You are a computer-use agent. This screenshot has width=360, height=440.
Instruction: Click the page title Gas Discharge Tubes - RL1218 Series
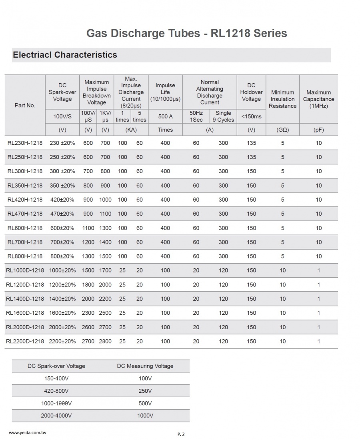186,33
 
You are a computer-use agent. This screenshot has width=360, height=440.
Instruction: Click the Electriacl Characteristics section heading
65,55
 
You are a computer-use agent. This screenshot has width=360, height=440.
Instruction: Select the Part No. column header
25,105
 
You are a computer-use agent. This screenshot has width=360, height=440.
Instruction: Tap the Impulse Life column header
165,92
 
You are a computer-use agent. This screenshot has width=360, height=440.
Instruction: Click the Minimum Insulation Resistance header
282,99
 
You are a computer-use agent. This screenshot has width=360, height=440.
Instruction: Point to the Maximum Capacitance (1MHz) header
318,99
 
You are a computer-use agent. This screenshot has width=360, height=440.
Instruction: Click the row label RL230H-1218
25,143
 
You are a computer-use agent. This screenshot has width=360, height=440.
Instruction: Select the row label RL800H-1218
25,256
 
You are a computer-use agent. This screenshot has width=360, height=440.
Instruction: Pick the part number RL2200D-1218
25,341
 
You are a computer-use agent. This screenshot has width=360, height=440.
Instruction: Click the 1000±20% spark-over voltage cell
62,270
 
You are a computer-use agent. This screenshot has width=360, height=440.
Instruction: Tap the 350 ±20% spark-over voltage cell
62,186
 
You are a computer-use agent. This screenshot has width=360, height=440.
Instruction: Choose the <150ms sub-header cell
252,116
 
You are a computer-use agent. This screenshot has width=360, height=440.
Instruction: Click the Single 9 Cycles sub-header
223,116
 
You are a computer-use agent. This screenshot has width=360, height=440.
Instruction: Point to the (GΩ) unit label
282,130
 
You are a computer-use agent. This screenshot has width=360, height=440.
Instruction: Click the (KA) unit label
131,130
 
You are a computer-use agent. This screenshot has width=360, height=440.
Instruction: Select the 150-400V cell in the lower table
56,378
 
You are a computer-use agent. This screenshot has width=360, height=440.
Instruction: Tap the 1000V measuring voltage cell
145,416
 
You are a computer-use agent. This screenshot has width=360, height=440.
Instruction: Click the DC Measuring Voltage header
145,366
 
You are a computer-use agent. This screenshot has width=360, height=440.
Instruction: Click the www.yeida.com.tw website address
28,433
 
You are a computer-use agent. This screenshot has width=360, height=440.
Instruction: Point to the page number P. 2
181,434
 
